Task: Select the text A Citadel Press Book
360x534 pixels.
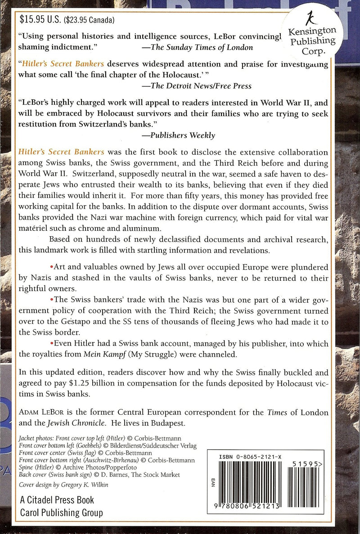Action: pyautogui.click(x=57, y=500)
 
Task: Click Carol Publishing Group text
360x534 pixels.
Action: pyautogui.click(x=61, y=512)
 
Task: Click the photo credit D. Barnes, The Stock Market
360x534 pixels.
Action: pyautogui.click(x=142, y=475)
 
